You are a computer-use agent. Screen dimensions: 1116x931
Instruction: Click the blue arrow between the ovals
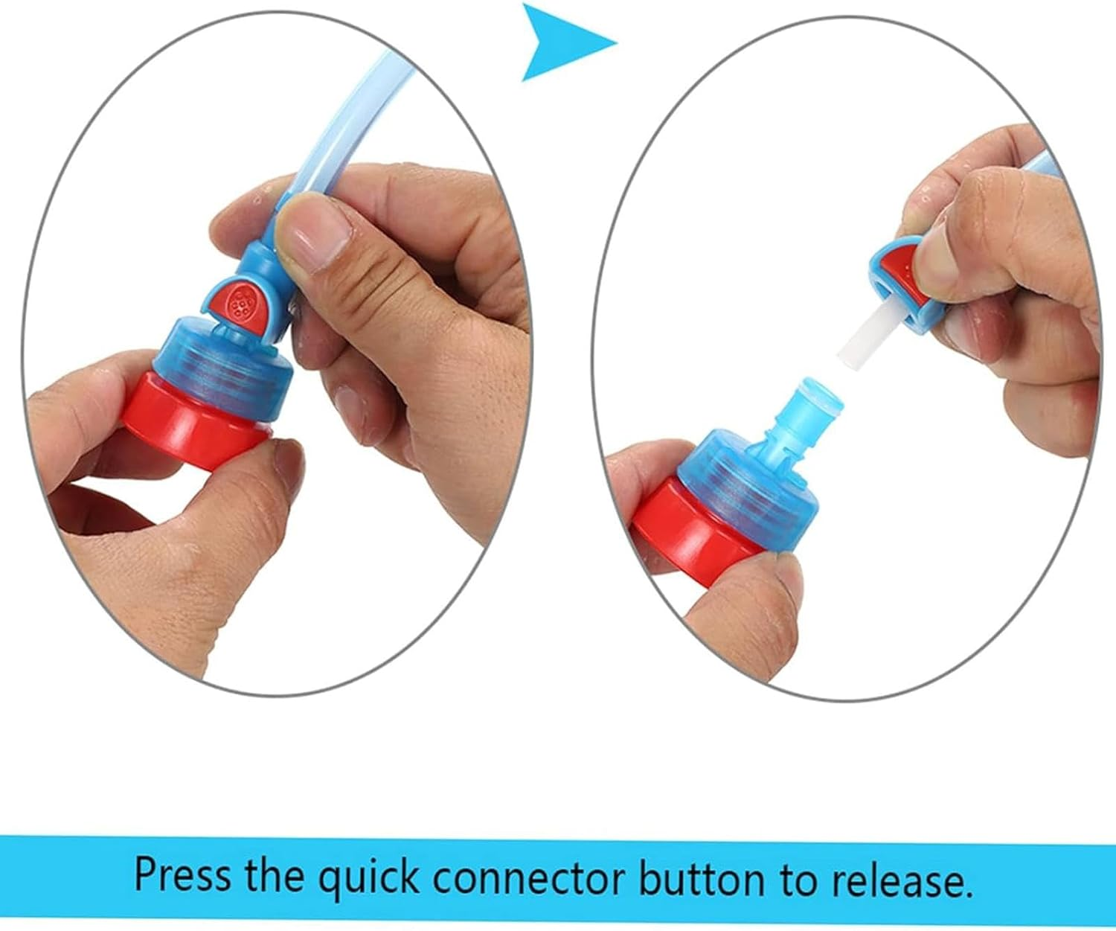point(564,42)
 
